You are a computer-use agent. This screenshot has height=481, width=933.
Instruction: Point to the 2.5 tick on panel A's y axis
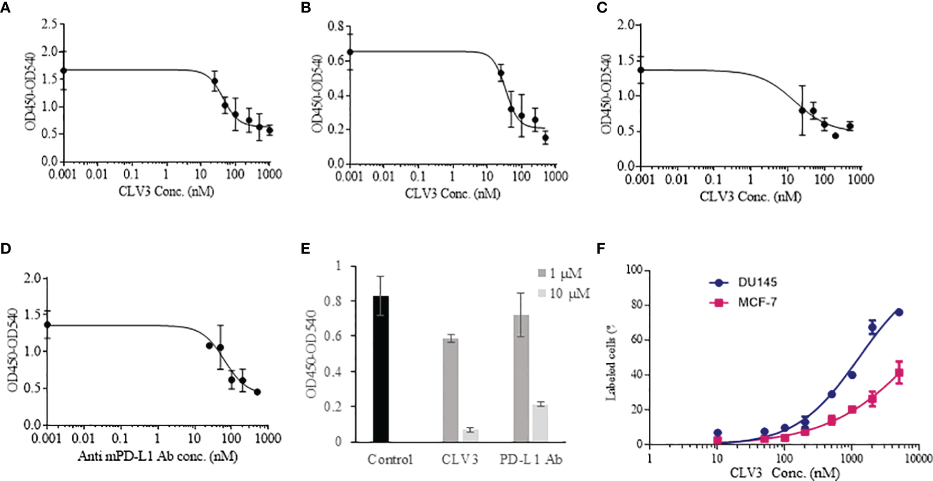(x=50, y=25)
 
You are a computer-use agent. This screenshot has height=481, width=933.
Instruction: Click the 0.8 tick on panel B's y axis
(x=336, y=26)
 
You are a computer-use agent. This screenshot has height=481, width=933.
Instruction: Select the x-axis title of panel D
(x=158, y=457)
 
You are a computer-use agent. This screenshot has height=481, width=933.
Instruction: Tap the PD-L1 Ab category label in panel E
(x=530, y=460)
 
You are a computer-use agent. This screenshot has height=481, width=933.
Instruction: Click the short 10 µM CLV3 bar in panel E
(x=470, y=436)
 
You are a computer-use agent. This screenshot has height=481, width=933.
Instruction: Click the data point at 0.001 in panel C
(x=641, y=69)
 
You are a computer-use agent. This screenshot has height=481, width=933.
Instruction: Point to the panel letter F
(x=601, y=249)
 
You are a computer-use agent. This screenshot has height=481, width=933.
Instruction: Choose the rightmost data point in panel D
(x=257, y=392)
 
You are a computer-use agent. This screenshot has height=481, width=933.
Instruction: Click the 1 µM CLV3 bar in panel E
(x=450, y=390)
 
